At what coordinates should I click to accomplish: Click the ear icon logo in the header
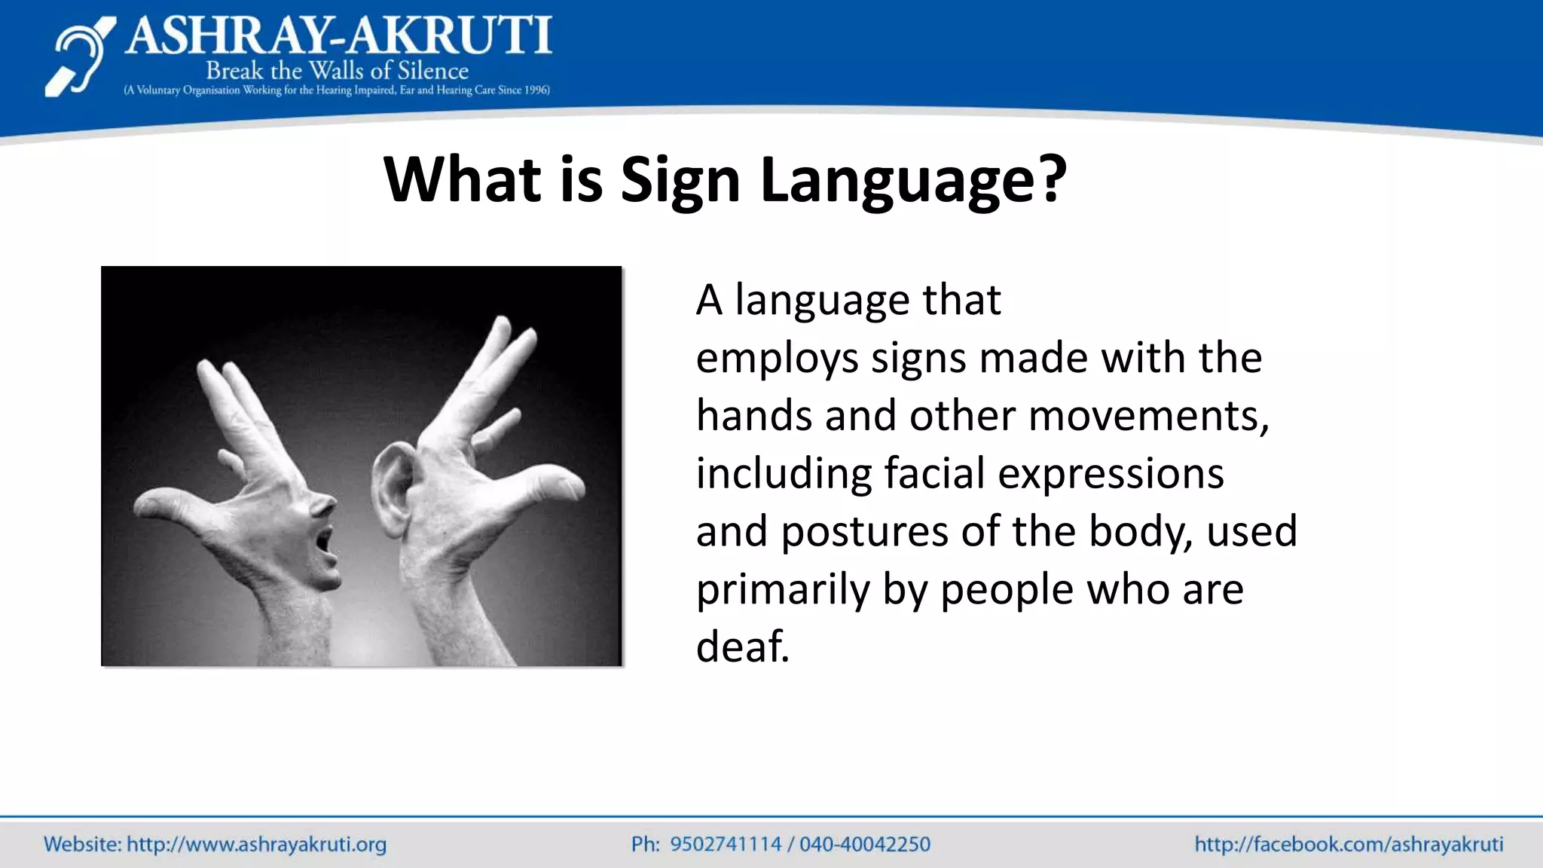pos(80,57)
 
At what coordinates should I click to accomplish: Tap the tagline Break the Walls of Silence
pos(337,71)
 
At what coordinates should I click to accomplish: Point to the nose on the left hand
pos(324,505)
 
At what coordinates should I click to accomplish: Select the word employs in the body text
pos(777,359)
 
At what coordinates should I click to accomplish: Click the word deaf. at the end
pos(742,646)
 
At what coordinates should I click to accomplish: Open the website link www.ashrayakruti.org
pos(256,844)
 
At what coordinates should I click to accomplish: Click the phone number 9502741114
pos(726,844)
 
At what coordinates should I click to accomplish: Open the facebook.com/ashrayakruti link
pos(1349,844)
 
